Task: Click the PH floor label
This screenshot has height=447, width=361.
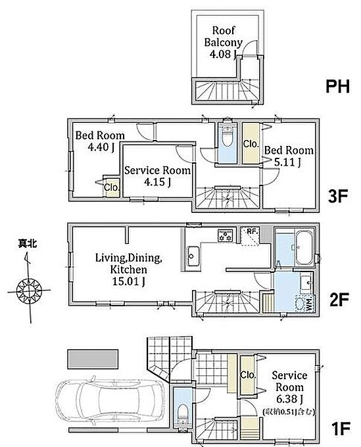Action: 338,86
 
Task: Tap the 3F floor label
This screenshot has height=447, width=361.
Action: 338,196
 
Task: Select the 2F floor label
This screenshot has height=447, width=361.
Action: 339,300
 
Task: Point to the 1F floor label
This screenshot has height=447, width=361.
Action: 341,429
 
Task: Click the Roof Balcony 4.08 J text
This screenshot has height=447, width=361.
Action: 224,42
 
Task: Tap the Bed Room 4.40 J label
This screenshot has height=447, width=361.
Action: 100,141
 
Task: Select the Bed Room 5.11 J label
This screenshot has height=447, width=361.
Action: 289,156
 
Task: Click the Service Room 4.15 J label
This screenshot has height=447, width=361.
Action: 158,176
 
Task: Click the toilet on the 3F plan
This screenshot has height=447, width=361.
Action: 228,137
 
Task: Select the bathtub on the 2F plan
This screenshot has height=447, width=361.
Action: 303,248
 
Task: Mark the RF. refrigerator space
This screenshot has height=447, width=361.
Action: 249,236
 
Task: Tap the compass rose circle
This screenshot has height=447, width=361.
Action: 29,291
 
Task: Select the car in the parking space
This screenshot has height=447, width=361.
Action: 110,400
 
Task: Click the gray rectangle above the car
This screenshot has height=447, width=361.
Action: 93,359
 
